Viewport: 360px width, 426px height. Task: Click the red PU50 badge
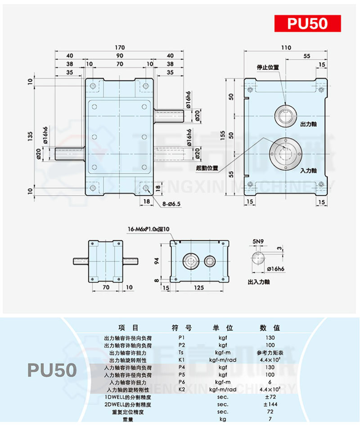point(308,23)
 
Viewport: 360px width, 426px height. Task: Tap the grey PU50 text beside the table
point(52,370)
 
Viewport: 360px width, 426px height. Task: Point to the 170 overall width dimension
point(120,47)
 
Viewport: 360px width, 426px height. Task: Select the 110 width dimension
point(286,47)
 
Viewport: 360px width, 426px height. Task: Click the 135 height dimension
point(30,135)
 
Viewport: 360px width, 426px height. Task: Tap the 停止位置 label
point(268,67)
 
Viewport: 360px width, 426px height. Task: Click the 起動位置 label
point(207,168)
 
